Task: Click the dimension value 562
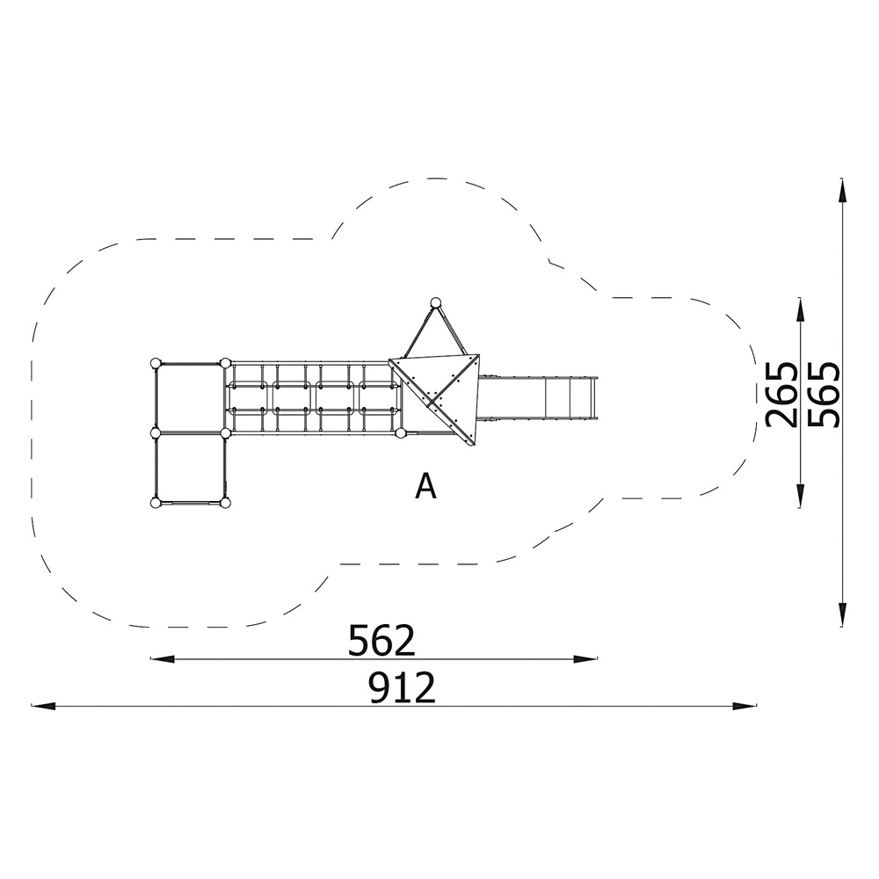[x=381, y=640]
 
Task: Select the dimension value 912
[x=402, y=688]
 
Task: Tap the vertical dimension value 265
[x=781, y=395]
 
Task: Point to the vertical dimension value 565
[x=825, y=395]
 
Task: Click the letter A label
[x=425, y=486]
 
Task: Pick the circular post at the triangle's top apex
[x=436, y=303]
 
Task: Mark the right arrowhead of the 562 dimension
[x=585, y=659]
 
